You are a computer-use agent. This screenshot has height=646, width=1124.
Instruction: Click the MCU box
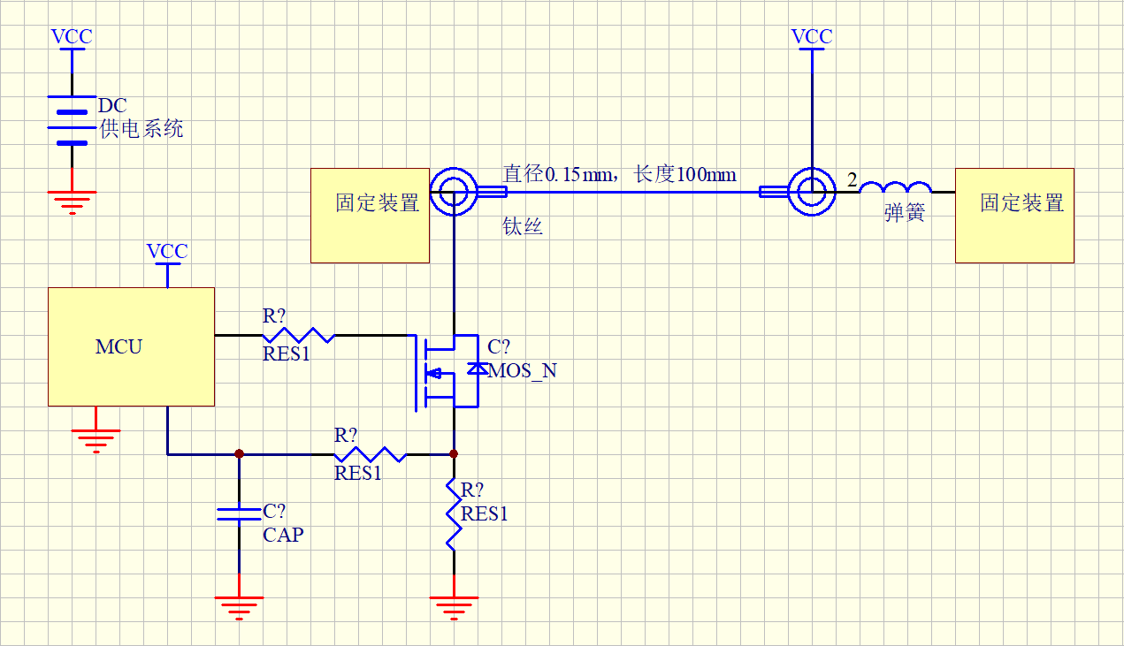[131, 346]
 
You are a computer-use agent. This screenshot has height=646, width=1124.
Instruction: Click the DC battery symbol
[72, 120]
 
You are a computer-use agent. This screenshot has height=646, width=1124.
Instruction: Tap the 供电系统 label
[141, 129]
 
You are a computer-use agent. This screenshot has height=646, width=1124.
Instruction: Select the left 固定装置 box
[370, 215]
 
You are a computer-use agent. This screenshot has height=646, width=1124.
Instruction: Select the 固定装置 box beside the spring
[1014, 215]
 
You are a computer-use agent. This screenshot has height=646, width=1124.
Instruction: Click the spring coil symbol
[895, 188]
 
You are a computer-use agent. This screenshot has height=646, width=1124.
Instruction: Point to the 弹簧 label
[904, 214]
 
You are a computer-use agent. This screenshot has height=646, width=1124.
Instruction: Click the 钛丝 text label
[522, 227]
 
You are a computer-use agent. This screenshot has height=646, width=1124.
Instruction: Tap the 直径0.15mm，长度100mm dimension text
[619, 174]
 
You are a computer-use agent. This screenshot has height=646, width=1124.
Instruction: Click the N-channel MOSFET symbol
[442, 371]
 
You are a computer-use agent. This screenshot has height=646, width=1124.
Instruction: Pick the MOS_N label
[523, 371]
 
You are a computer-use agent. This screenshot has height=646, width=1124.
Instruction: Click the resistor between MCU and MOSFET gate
[299, 335]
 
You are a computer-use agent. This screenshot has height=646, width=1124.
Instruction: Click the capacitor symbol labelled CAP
[239, 514]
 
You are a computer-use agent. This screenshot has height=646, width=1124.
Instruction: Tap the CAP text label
[283, 535]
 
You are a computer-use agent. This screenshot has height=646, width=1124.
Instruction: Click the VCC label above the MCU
[167, 252]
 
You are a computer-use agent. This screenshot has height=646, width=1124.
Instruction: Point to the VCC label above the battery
[72, 37]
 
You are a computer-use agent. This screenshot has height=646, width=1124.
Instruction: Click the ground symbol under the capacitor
[239, 607]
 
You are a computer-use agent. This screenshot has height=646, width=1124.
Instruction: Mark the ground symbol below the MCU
[96, 438]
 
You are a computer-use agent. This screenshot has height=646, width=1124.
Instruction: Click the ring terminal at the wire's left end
[454, 191]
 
